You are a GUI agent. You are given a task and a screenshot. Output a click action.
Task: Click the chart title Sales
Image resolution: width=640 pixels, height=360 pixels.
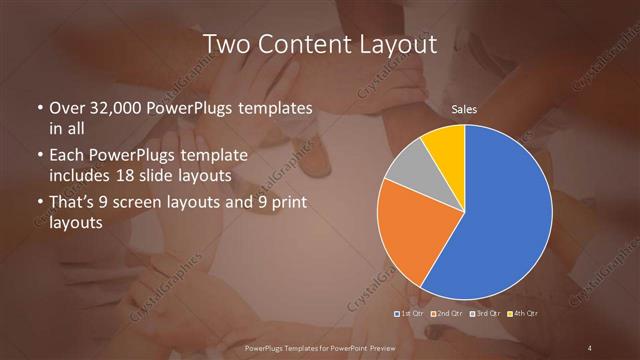[464, 109]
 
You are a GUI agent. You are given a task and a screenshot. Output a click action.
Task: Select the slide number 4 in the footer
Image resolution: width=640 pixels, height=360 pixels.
[591, 347]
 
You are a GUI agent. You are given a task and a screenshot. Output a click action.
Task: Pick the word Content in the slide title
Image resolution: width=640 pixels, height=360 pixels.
[305, 44]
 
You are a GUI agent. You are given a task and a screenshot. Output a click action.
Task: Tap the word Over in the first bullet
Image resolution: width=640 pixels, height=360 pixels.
[67, 108]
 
